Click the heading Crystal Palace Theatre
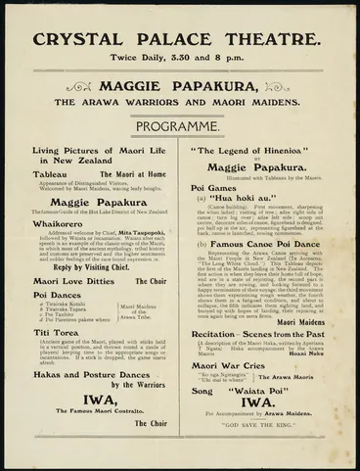[180, 42]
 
